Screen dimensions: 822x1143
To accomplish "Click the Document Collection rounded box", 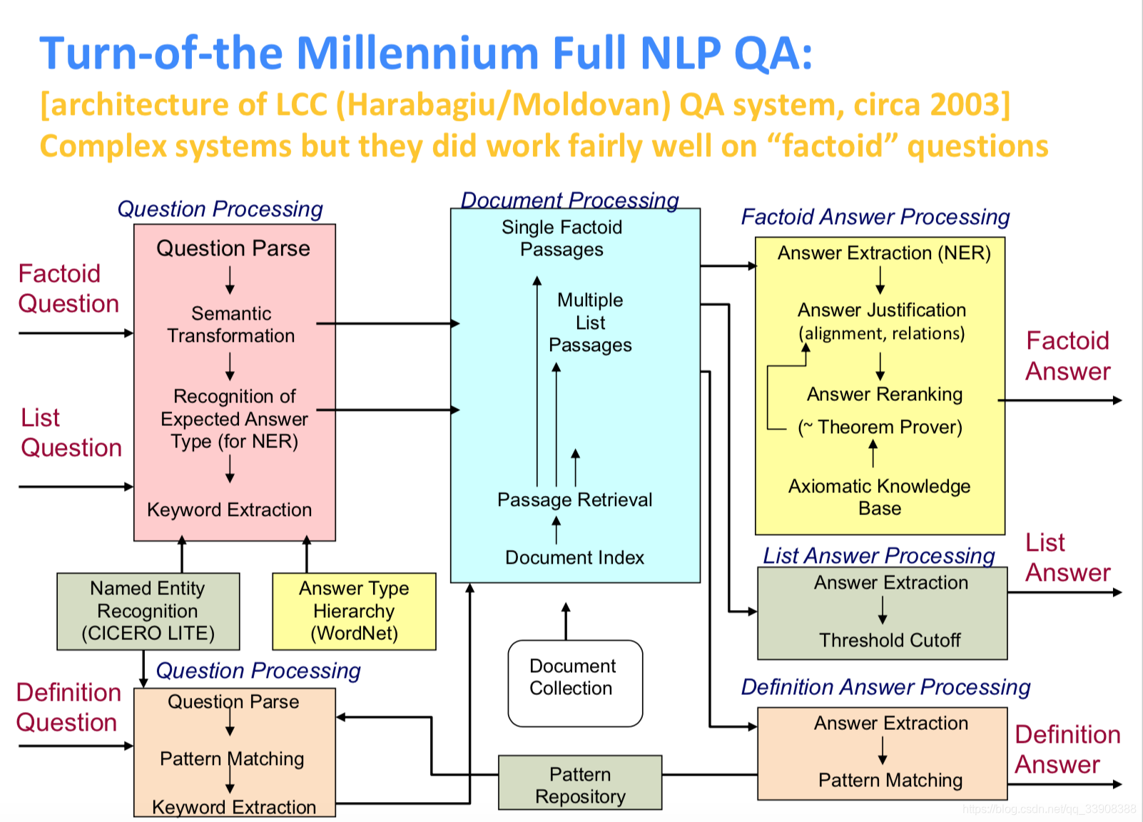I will point(574,683).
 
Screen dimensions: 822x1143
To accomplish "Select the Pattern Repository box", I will point(579,783).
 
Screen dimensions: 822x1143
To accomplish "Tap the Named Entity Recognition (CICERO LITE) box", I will point(148,611).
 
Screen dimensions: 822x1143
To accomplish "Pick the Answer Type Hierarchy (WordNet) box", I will point(354,611).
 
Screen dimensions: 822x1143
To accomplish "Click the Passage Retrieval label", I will point(574,499).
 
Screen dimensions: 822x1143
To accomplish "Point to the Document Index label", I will point(574,557).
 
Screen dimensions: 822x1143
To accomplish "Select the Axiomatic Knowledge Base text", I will point(879,497).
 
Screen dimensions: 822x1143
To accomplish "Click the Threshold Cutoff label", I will point(890,640).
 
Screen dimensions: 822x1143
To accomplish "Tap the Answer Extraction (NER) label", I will point(884,253).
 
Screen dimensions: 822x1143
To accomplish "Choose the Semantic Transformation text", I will point(231,325).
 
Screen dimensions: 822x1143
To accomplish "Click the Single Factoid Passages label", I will point(562,238).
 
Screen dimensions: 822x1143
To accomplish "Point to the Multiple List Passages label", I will point(590,323).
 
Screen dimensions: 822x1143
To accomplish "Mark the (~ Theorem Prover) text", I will point(880,427).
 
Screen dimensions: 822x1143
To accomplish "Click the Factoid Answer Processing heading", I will point(875,217).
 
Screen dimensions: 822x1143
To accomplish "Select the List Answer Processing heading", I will point(879,555).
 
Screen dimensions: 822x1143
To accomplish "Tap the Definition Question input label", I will point(68,707).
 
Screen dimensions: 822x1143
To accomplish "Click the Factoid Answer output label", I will point(1067,356).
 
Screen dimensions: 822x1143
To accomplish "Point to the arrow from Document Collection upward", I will point(566,621).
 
